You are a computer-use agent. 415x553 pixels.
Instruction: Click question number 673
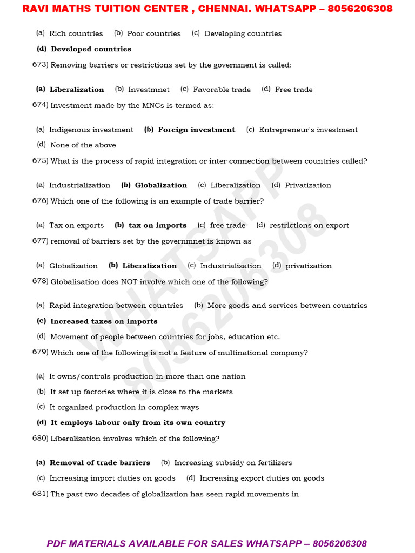tap(41, 65)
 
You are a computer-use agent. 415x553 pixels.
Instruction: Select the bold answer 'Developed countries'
tap(91, 49)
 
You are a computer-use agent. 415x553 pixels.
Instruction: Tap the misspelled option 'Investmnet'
tap(149, 90)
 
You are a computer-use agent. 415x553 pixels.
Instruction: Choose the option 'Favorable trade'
tap(222, 90)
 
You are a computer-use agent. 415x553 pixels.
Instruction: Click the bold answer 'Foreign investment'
tap(196, 130)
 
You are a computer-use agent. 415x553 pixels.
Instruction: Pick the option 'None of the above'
tap(83, 145)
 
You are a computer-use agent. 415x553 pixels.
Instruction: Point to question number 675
tap(41, 161)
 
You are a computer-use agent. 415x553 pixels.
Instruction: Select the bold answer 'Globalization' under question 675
tap(160, 185)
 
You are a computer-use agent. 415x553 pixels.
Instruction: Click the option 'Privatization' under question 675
tap(307, 185)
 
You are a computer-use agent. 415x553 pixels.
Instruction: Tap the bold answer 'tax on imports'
tap(157, 225)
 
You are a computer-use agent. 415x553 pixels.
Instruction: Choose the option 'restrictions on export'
tap(309, 225)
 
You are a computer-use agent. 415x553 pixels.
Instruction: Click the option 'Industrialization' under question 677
tap(230, 266)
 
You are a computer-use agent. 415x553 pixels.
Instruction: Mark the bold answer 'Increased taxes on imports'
tap(104, 321)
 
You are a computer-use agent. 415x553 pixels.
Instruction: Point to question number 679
tap(41, 353)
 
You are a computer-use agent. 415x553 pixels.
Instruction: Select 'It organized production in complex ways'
tap(124, 407)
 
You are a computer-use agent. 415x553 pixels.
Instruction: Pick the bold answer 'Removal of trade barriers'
tap(99, 463)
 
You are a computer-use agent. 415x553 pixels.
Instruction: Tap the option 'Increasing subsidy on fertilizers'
tap(233, 463)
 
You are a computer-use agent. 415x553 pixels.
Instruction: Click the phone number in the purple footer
tap(339, 543)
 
